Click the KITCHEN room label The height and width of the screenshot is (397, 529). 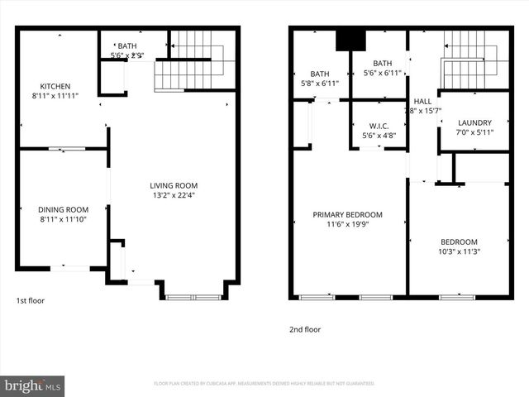coord(55,86)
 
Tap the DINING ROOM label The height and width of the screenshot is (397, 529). coord(63,209)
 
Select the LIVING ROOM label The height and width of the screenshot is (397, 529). coord(174,185)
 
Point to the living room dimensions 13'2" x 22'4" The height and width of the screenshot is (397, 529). coord(174,196)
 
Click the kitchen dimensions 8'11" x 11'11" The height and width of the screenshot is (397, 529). coord(55,96)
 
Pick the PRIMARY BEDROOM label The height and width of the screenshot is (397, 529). coord(346,214)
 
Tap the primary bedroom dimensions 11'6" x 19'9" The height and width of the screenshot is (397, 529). coord(346,225)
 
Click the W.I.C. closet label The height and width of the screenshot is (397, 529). coord(379,126)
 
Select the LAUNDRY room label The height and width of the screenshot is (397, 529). coord(474,122)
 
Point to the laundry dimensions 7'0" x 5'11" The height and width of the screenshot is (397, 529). coord(474,132)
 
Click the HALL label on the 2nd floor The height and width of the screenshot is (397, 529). coord(422,101)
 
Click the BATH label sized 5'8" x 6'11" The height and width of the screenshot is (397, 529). coord(319,74)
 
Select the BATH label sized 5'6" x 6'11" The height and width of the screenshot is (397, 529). coord(382,63)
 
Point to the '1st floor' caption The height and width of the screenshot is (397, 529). coord(31,301)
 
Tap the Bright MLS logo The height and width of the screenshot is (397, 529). coord(33,385)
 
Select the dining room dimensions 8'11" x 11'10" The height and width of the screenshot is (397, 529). coord(63,219)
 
